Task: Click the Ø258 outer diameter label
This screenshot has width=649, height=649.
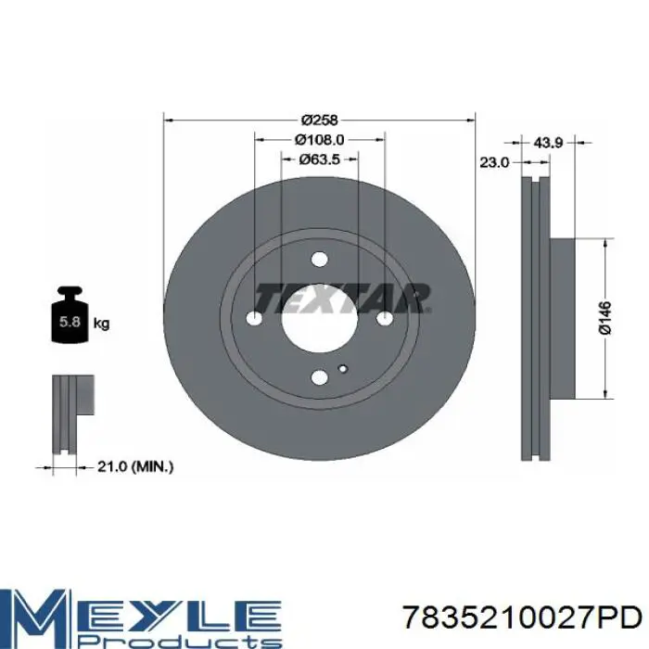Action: click(320, 120)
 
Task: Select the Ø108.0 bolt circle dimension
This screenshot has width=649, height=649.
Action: click(319, 140)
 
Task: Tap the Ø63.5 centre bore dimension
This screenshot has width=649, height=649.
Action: click(320, 159)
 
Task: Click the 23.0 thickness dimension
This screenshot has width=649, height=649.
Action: click(494, 162)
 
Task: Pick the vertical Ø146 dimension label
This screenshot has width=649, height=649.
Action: click(604, 318)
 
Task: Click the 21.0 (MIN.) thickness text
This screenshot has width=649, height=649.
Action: click(135, 467)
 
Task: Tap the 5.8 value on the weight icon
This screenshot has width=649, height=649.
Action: click(70, 322)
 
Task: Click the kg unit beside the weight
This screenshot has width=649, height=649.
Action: click(102, 323)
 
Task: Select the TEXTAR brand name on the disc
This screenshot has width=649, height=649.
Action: click(343, 298)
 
